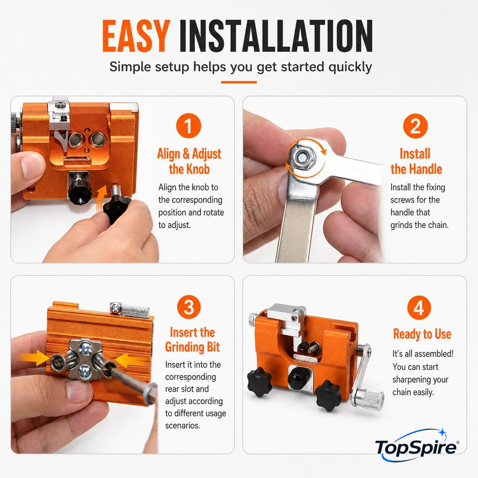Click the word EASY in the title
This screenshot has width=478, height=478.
click(x=136, y=36)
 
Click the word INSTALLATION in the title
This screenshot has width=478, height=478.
click(x=276, y=36)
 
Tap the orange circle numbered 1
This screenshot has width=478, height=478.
click(x=188, y=125)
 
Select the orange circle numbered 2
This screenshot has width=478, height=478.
click(x=415, y=126)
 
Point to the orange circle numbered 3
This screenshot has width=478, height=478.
click(x=189, y=307)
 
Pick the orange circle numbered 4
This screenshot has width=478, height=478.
click(x=419, y=308)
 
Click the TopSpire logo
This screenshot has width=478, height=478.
click(x=417, y=448)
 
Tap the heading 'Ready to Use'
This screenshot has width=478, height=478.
click(x=422, y=334)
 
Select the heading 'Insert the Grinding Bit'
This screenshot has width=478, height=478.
click(x=192, y=339)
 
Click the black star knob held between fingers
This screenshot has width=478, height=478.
click(x=117, y=208)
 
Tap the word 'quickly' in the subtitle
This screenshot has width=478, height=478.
click(x=350, y=67)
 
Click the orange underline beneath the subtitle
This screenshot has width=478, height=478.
click(x=239, y=82)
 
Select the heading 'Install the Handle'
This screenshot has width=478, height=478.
click(x=416, y=161)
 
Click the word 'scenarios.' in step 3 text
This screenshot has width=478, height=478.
click(x=182, y=426)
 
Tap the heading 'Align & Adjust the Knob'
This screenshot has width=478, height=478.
click(x=189, y=161)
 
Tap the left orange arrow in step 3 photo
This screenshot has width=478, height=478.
click(x=34, y=358)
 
